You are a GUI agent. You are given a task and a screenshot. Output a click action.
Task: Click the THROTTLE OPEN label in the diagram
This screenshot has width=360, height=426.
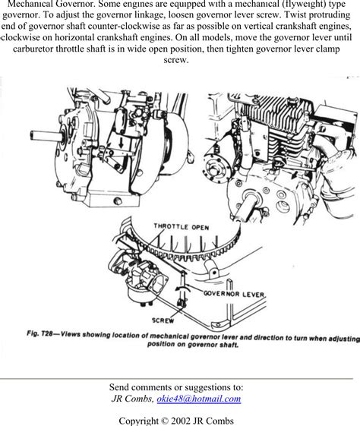click(x=182, y=227)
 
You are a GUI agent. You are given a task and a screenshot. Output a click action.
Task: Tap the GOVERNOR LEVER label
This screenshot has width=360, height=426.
click(x=234, y=294)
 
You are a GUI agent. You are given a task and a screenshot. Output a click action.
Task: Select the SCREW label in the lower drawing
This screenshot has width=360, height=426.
click(x=163, y=320)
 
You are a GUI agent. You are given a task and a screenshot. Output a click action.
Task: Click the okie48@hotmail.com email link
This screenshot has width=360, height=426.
click(x=199, y=399)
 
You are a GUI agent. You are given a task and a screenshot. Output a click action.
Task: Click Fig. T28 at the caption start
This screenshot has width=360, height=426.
click(x=39, y=333)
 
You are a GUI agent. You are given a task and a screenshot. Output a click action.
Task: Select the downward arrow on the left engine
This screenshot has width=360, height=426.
click(x=121, y=142)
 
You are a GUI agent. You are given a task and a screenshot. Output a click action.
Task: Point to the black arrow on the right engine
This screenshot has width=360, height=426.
click(x=294, y=175)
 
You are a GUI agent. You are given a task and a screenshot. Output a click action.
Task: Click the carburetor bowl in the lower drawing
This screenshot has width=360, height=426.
click(x=140, y=295)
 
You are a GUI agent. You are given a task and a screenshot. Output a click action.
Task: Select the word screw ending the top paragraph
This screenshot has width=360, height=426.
click(x=175, y=60)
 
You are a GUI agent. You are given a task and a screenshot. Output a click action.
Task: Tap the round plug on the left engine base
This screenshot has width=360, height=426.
click(x=118, y=200)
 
